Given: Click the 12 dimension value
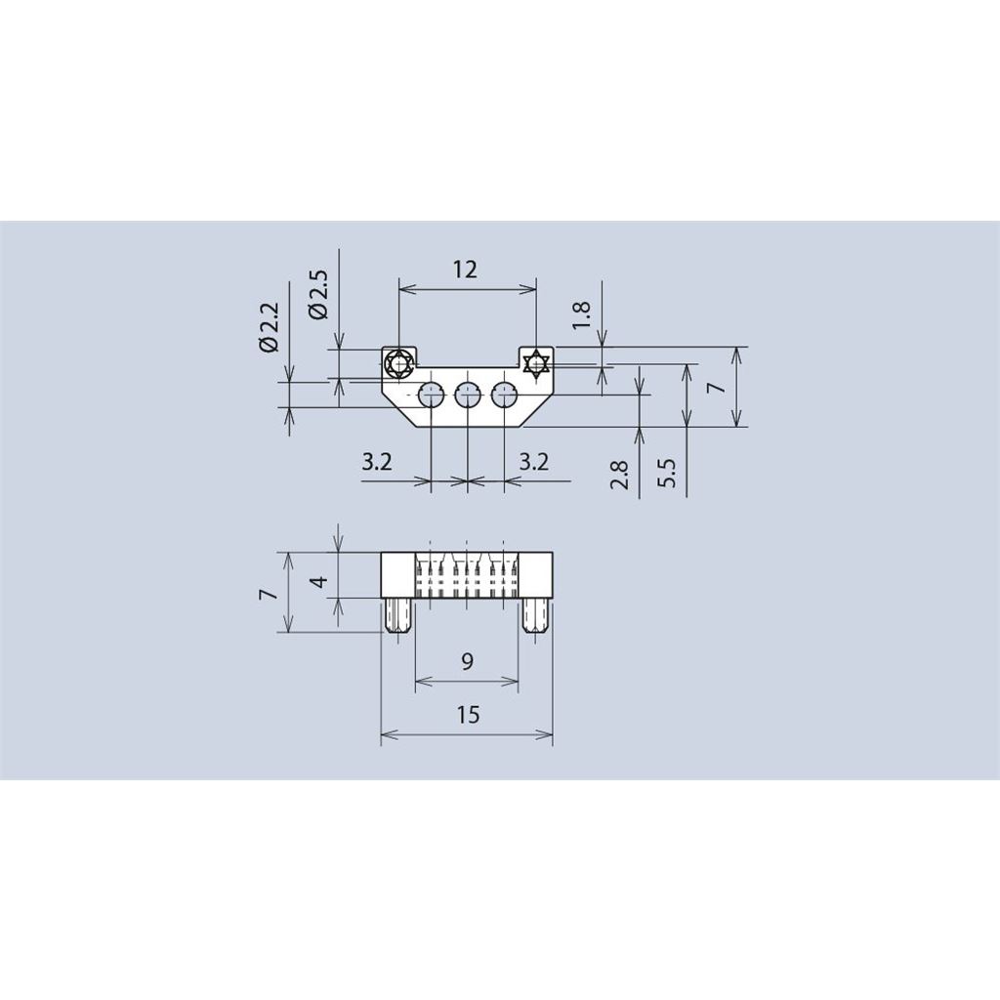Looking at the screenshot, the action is (466, 270).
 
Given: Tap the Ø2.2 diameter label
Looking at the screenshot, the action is (270, 326).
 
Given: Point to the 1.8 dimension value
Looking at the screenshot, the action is (582, 315).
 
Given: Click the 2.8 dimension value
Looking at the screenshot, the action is (620, 475).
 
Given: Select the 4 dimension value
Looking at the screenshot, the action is (320, 581).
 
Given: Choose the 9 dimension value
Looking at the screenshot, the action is (467, 662).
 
